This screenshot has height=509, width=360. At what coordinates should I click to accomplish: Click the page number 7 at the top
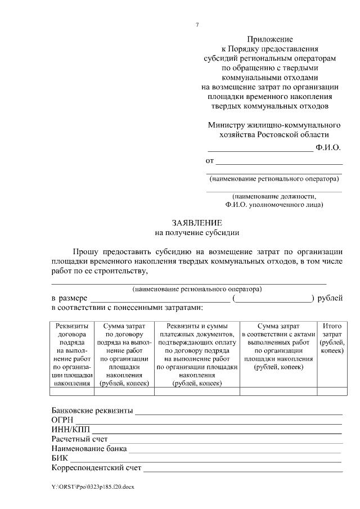pos(197,25)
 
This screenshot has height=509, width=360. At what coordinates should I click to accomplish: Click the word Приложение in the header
pos(271,39)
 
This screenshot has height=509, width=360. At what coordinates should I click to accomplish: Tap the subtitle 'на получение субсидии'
pos(197,232)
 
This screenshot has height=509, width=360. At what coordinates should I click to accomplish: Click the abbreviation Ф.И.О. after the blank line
pos(328,148)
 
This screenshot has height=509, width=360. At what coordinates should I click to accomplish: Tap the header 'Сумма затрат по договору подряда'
pos(124,354)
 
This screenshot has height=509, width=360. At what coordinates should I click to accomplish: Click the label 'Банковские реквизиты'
pos(92,411)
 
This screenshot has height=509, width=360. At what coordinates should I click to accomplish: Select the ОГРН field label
pos(62,420)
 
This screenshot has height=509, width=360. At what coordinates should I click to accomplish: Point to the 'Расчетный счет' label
pos(79,439)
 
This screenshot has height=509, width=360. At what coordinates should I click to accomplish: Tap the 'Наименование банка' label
pos(89,449)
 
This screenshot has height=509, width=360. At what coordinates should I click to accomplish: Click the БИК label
pos(60,458)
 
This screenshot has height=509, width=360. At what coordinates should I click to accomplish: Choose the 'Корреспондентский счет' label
pos(96,468)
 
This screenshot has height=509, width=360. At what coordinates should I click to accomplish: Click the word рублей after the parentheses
pos(330,298)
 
